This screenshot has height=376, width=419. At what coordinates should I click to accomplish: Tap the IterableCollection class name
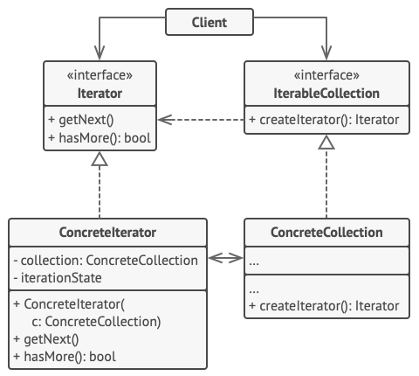coord(326,94)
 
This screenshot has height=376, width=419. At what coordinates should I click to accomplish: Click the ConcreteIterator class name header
coord(108,233)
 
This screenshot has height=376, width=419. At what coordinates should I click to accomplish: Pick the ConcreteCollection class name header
coord(326,233)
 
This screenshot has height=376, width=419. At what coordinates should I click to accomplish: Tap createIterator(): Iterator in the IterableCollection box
coord(325,121)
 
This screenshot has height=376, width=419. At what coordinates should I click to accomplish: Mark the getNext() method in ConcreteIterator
coord(47,340)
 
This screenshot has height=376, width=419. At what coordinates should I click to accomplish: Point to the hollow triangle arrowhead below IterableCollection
coord(326,143)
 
